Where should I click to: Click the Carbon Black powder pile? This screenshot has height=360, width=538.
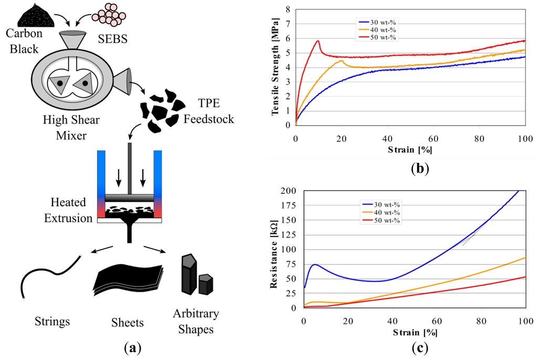[35, 17]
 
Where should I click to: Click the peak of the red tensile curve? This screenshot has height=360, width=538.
[318, 41]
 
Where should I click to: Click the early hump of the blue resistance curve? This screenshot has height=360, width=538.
[314, 264]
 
